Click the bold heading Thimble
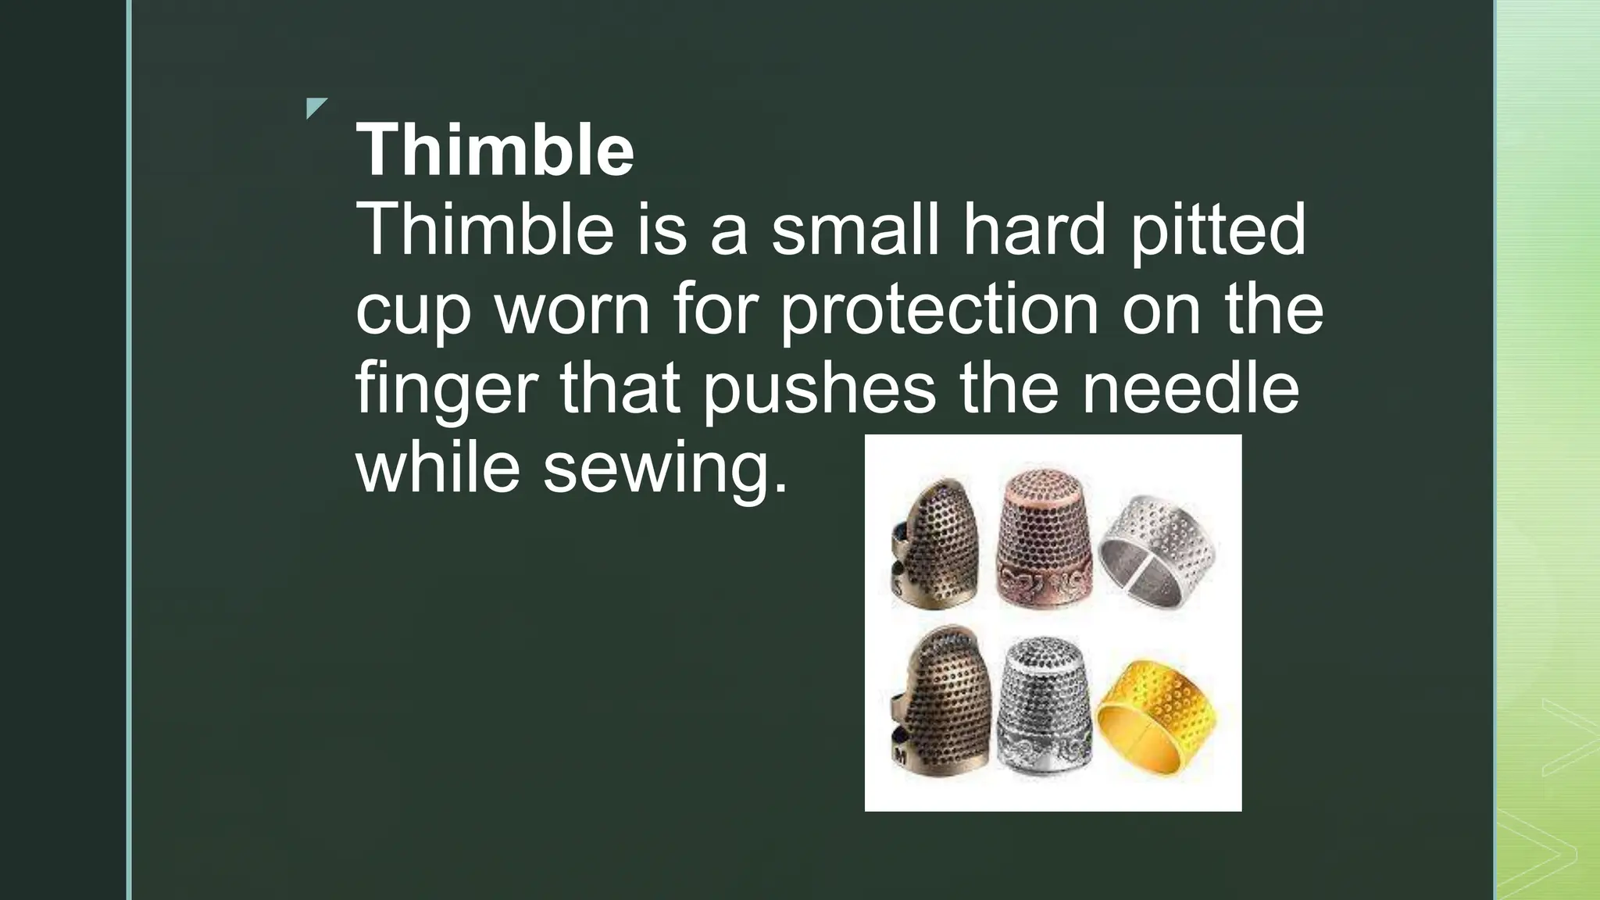click(495, 150)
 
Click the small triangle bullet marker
click(315, 107)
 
